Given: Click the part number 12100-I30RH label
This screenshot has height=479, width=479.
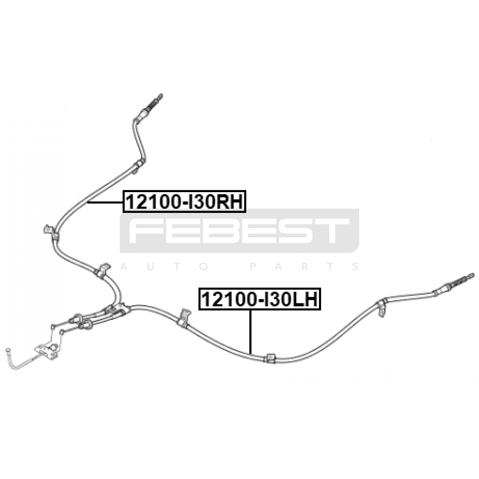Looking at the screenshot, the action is tap(184, 201).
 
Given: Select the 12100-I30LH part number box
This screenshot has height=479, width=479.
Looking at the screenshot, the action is tap(260, 299).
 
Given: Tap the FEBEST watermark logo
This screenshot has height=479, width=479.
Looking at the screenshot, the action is tap(239, 231).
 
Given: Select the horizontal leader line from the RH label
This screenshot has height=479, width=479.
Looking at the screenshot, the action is tap(105, 203).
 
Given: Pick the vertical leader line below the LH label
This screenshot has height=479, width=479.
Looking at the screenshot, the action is tap(250, 331).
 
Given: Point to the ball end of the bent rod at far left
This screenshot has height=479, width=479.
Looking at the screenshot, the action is tap(8, 350).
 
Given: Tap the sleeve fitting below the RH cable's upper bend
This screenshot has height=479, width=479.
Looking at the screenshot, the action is tap(139, 165).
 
